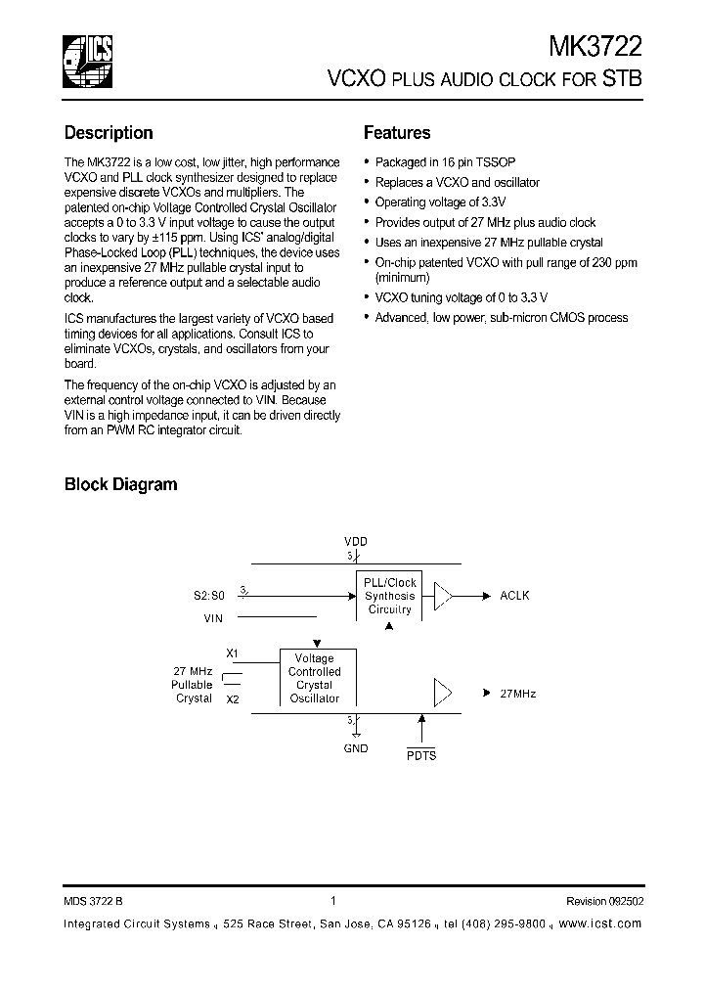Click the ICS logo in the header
tap(87, 61)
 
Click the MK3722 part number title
tap(595, 46)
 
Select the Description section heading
tap(109, 133)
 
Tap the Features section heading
tap(397, 133)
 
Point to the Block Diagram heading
tap(120, 484)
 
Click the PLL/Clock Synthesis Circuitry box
tap(390, 595)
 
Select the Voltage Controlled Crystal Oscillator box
tap(315, 678)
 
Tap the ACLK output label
tap(514, 595)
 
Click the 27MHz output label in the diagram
tap(517, 694)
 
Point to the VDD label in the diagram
tap(356, 541)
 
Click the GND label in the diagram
tap(356, 748)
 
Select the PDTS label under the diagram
tap(421, 755)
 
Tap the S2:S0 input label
tap(208, 595)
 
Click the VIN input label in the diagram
tap(214, 618)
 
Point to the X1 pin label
tap(232, 652)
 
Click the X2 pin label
tap(232, 699)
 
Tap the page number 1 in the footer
tap(333, 901)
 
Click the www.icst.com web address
tap(601, 923)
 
